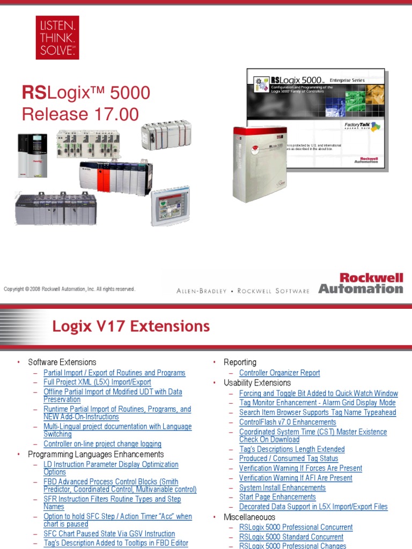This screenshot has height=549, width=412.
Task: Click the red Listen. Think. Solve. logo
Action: point(57,37)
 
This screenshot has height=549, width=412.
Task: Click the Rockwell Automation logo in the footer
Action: point(360,283)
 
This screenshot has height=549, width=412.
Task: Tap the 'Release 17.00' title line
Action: point(80,114)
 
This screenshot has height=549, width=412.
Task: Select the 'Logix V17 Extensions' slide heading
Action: point(131,326)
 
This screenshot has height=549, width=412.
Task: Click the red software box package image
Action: point(261,164)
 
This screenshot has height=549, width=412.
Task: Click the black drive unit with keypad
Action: point(33,155)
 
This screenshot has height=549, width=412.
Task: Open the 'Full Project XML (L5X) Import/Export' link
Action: point(97,382)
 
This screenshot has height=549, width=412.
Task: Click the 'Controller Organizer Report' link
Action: point(279,373)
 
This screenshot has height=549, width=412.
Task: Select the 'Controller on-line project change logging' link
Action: point(102,444)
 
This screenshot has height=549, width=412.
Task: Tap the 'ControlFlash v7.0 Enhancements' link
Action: point(288,422)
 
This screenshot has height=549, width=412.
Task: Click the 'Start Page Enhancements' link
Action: point(277,497)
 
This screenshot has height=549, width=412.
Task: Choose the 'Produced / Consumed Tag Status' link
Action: point(289,458)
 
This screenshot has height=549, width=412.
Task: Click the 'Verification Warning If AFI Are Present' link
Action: point(296,478)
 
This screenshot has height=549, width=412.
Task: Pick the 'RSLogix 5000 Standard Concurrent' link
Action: point(291,537)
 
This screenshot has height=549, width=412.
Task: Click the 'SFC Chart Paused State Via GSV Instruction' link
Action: point(109,533)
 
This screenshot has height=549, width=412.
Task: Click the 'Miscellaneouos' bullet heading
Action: point(249,517)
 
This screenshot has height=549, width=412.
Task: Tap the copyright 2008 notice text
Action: point(69,289)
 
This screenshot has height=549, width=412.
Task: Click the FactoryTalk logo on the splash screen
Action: point(369,127)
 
